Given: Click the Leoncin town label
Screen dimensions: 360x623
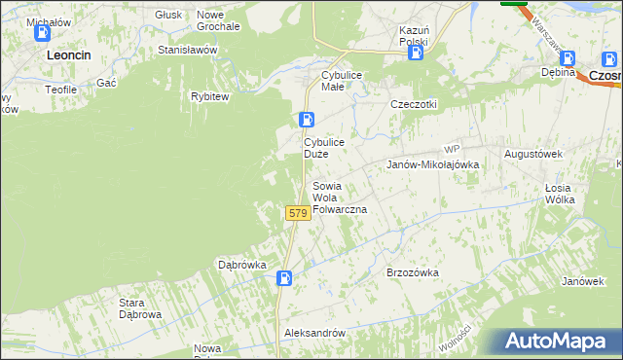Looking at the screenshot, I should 68,55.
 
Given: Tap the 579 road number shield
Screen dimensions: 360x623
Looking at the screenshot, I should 298,213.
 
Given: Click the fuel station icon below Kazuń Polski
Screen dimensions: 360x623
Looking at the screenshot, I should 416,53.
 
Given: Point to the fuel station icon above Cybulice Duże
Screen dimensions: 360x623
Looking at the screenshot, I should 307,121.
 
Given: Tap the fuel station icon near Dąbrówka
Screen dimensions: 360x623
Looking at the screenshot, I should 283,278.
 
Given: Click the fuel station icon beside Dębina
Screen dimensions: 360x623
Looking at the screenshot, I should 568,58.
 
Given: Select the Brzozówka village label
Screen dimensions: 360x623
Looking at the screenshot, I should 413,273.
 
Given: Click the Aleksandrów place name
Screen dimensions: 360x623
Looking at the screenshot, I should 314,333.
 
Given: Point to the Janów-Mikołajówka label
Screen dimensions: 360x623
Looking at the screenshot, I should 433,164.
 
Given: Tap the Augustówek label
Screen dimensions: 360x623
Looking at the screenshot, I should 533,154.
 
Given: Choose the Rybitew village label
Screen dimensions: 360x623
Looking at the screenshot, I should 209,96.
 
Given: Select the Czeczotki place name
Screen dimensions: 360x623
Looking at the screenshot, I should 414,104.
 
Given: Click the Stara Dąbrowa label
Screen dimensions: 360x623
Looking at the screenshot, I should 139,308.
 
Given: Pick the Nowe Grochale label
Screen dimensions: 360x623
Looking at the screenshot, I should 218,20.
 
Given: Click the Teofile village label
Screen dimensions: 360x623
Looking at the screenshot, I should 60,89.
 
